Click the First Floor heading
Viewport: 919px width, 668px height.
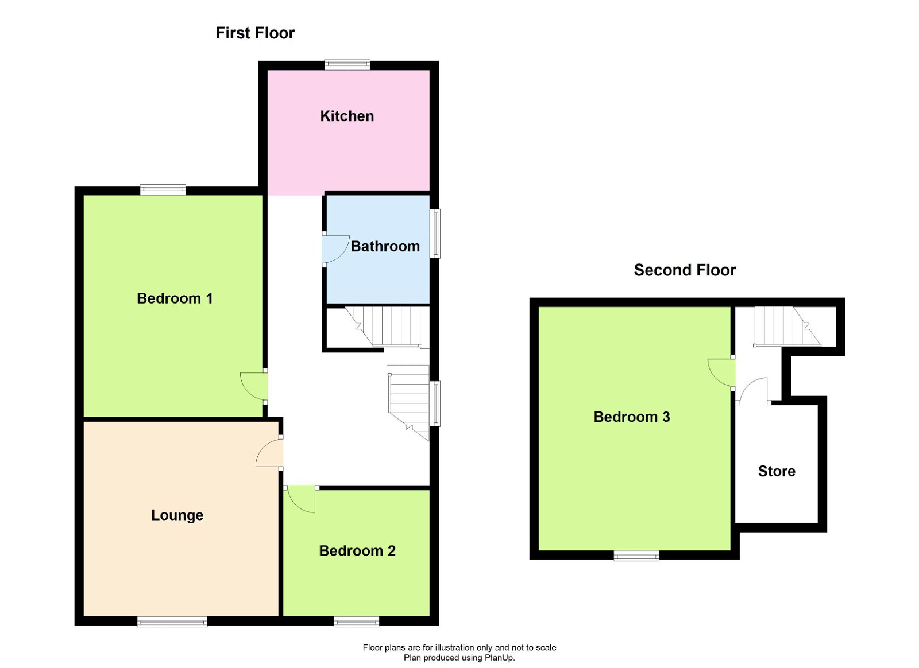click(255, 33)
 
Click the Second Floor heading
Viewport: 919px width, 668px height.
click(685, 270)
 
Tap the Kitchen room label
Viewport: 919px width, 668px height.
click(347, 116)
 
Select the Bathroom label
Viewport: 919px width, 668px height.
click(385, 247)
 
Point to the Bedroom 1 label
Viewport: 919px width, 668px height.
click(175, 298)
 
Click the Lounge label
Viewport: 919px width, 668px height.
click(177, 515)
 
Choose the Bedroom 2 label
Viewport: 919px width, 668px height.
click(357, 551)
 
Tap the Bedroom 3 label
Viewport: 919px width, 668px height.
click(632, 417)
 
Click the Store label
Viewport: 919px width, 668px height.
click(777, 472)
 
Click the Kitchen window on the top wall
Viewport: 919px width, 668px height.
click(347, 65)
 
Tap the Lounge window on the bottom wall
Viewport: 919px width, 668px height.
click(172, 622)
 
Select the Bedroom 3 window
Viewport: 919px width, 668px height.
click(636, 556)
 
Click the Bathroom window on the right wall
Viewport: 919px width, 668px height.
click(435, 234)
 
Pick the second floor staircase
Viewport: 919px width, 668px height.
click(786, 327)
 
